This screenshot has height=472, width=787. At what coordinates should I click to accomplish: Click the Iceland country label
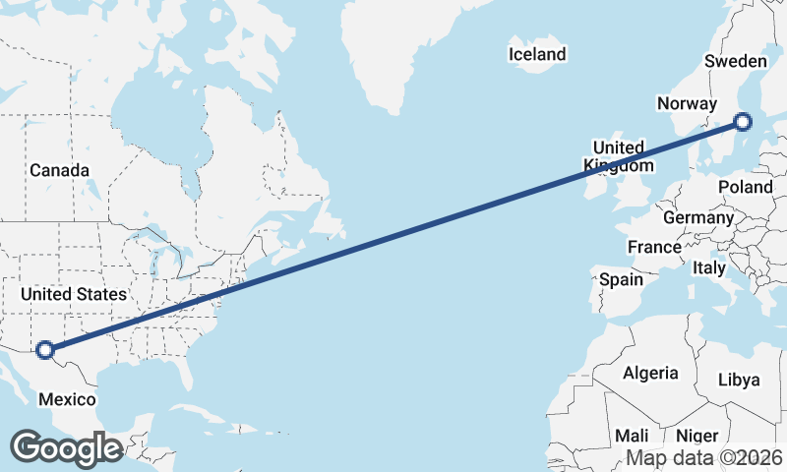[x=537, y=54]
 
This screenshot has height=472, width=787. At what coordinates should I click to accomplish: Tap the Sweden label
[x=736, y=62]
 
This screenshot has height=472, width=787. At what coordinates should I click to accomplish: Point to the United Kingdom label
[x=618, y=156]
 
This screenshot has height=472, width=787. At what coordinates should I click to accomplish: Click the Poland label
[x=746, y=187]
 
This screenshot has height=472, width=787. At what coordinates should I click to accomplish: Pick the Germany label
[x=698, y=217]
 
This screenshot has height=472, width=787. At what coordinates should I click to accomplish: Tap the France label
[x=655, y=247]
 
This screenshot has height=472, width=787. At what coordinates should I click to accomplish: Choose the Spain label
[x=621, y=279]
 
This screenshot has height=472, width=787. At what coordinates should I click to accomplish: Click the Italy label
[x=709, y=267]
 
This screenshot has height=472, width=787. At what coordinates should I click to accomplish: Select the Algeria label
[x=650, y=373]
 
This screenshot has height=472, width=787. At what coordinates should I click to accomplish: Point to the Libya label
[x=739, y=380]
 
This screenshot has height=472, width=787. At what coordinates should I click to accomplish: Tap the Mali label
[x=632, y=435]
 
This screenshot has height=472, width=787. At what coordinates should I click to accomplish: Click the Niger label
[x=696, y=435]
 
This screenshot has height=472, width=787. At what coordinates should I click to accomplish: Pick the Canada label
[x=59, y=170]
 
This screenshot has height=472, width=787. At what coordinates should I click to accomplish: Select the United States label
[x=74, y=294]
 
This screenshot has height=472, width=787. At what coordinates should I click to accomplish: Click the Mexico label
[x=67, y=398]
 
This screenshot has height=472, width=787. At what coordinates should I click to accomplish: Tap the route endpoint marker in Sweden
[x=743, y=122]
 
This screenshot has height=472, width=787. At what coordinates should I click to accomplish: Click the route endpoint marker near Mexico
[x=44, y=348]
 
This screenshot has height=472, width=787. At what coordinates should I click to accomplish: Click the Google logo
[x=67, y=447]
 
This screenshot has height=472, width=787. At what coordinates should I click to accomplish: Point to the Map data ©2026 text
[x=704, y=457]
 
